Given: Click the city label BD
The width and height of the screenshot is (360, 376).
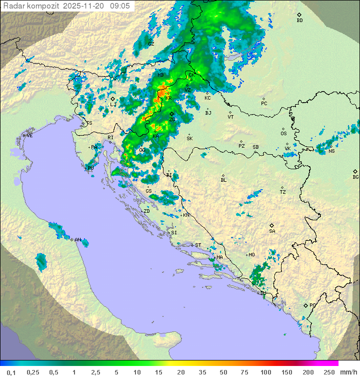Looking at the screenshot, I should (299, 21).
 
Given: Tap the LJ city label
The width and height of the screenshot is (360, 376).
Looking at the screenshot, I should (113, 104).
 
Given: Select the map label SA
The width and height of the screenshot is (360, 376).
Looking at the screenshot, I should (272, 231).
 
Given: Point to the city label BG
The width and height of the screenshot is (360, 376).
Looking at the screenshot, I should (355, 177).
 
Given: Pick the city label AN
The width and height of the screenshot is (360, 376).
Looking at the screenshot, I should (77, 240).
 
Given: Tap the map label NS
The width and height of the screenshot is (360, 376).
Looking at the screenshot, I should (331, 151).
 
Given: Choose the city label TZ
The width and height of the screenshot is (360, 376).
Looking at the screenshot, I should (282, 192).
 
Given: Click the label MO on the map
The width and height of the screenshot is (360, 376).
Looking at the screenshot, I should (251, 254).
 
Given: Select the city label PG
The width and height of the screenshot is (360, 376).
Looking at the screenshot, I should (312, 305).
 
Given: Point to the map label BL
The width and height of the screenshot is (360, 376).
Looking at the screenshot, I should (223, 180).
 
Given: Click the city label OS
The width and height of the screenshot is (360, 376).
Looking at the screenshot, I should (283, 134).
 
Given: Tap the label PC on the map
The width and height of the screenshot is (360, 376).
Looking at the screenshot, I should (264, 104).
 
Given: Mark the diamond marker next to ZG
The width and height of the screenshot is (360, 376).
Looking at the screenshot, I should (171, 114).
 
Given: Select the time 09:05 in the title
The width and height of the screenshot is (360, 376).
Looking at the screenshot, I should (120, 6).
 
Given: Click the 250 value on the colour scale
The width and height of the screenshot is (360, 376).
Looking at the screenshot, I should (328, 372).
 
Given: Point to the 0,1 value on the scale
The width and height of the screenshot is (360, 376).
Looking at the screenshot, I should (11, 372).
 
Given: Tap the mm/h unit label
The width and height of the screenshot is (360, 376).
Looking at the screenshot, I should (348, 372).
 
